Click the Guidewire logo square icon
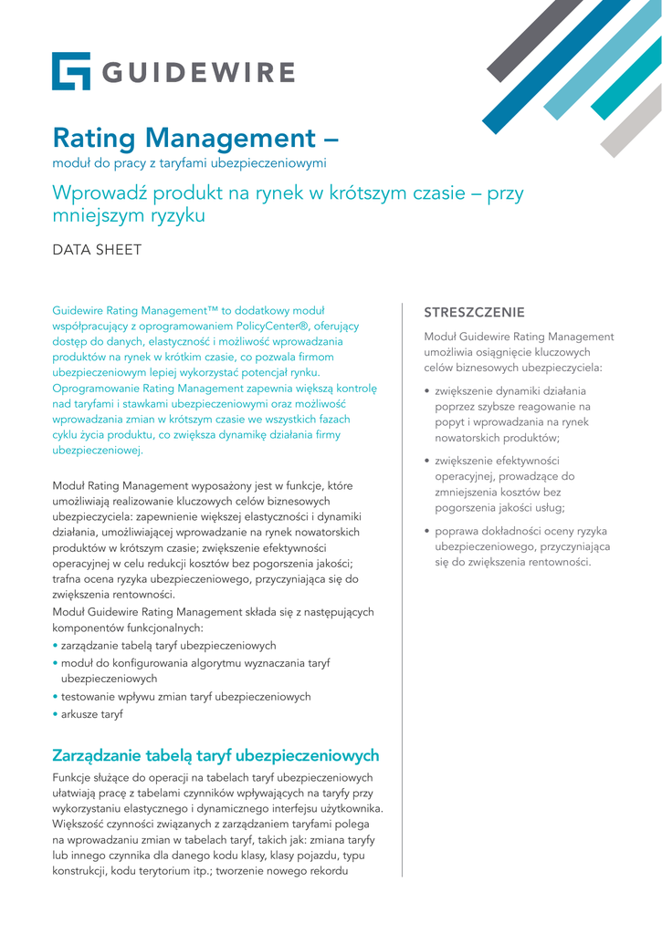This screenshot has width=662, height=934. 71,71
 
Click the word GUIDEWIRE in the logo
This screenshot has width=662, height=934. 197,72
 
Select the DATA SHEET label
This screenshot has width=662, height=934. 97,248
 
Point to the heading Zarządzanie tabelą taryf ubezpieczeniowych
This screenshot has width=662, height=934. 215,756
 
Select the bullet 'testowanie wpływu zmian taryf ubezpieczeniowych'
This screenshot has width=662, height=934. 186,697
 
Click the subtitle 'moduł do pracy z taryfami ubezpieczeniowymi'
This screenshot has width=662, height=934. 189,163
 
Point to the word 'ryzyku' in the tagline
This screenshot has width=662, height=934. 174,216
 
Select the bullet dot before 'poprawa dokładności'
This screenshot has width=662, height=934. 427,531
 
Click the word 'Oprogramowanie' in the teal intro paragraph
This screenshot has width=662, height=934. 95,388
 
